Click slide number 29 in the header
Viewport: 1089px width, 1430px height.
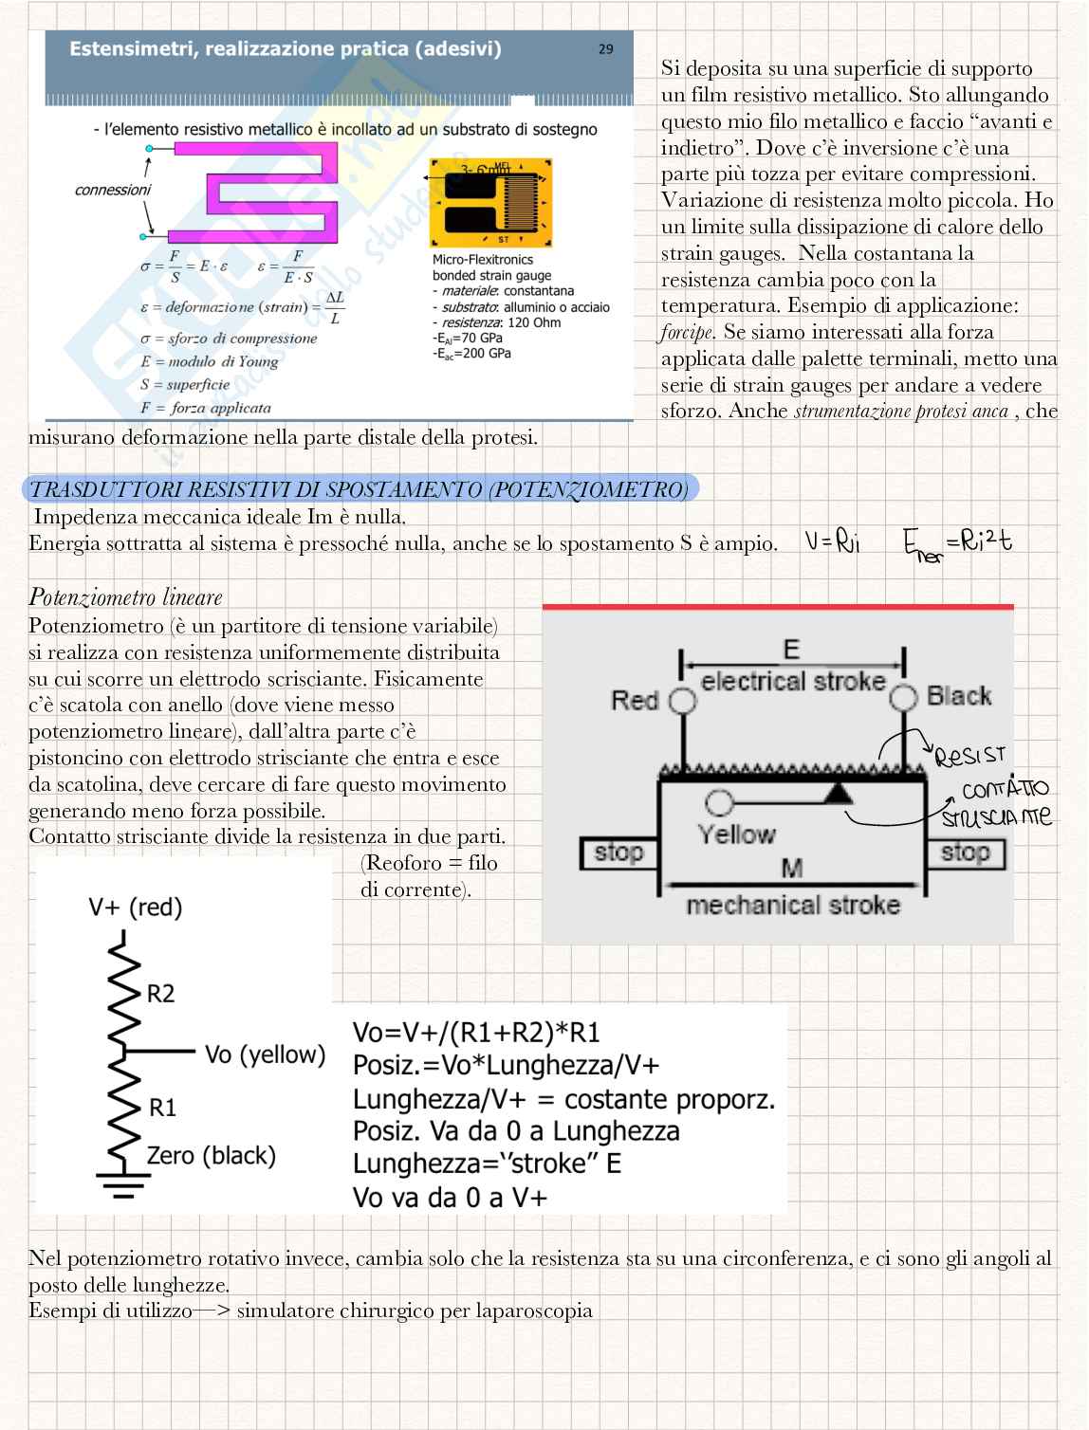point(605,49)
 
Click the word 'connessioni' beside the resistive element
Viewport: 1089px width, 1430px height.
point(113,190)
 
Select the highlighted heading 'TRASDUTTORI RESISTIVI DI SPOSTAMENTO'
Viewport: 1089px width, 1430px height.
point(360,489)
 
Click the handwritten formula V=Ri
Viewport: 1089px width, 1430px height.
point(832,541)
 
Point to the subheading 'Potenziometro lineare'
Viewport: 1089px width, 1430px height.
point(125,597)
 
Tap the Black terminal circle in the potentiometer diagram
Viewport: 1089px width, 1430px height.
point(903,698)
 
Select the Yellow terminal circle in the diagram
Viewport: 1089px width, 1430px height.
point(719,803)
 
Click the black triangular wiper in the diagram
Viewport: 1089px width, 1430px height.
point(838,793)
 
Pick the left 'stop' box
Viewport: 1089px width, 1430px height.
point(618,853)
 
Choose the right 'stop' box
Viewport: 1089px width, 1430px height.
point(964,852)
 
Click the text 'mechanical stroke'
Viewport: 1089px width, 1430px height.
point(792,906)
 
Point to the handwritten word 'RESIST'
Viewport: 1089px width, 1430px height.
point(969,757)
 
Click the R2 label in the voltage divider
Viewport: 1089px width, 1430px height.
point(160,994)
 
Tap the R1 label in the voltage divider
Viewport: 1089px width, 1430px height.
point(162,1108)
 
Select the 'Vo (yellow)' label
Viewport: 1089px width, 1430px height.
point(265,1054)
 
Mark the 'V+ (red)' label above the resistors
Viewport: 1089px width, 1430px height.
point(135,907)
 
